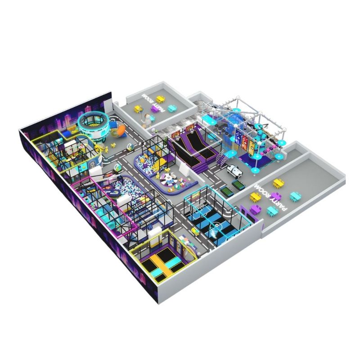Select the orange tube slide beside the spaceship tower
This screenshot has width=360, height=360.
[118, 130]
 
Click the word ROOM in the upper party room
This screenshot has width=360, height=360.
[147, 99]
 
